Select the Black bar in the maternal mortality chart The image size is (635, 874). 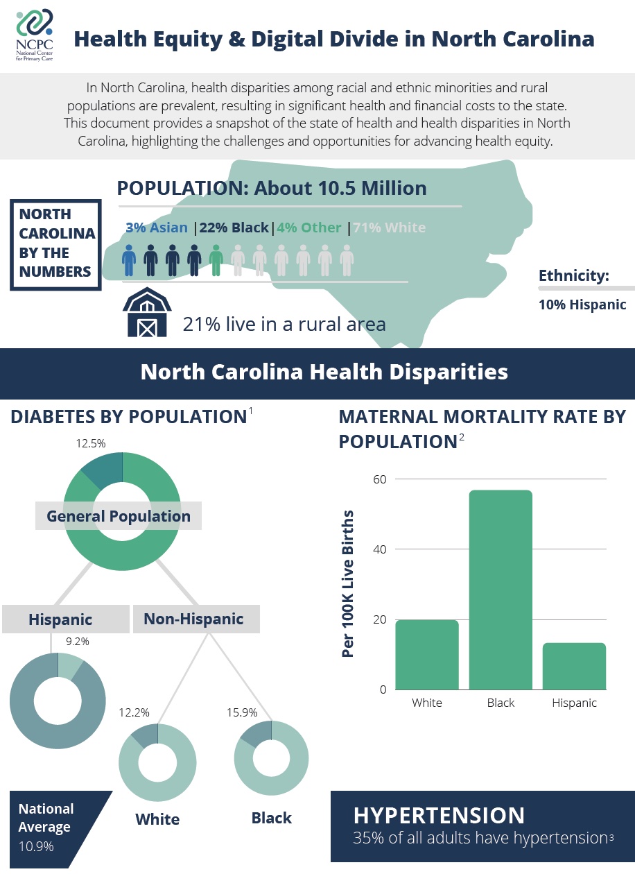click(501, 590)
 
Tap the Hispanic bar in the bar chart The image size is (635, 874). click(574, 666)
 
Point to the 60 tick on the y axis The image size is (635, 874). click(380, 479)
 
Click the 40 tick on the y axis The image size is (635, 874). click(380, 549)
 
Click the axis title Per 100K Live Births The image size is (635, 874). click(348, 583)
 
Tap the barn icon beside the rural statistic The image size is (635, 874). click(147, 313)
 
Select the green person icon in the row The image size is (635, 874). click(216, 260)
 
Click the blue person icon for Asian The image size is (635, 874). click(130, 260)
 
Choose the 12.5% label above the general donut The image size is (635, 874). click(90, 443)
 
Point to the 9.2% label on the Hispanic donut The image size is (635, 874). click(77, 642)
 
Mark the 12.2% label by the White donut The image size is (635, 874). click(134, 712)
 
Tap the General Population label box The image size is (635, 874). click(119, 516)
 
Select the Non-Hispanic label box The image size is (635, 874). click(193, 619)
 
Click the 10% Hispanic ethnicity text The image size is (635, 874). click(582, 305)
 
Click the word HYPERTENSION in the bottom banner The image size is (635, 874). click(439, 815)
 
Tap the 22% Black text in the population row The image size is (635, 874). click(234, 228)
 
